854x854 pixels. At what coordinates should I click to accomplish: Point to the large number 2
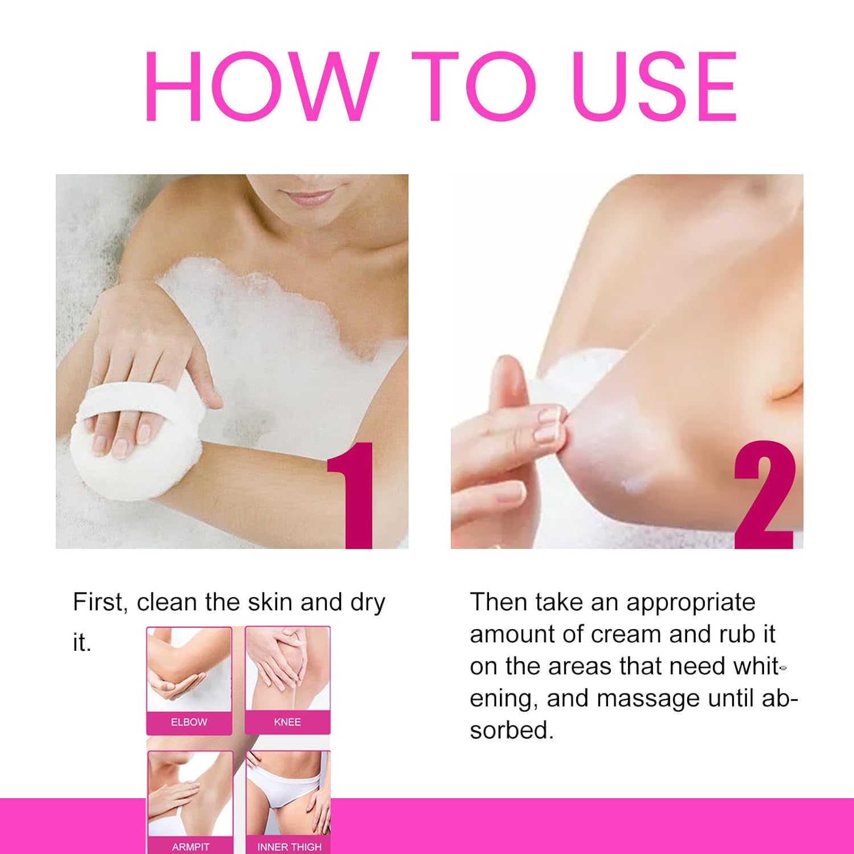point(763,495)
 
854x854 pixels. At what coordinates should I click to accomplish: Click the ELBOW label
point(189,722)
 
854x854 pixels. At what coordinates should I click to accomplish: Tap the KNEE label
point(288,722)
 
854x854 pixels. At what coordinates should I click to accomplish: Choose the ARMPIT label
point(191,847)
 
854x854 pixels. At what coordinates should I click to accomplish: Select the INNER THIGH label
point(289,847)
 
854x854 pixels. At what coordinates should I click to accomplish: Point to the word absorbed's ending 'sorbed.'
point(512,730)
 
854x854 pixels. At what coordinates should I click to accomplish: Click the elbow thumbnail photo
point(189,669)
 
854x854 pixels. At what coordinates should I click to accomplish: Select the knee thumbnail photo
point(288,669)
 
